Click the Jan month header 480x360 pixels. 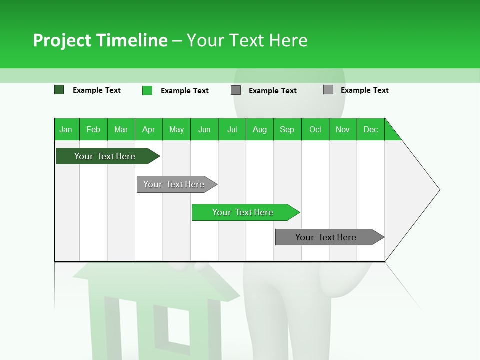tap(66, 129)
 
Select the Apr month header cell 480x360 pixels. tap(149, 129)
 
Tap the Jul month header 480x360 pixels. tap(232, 129)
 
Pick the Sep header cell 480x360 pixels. tap(287, 129)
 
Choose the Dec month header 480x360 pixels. tap(371, 129)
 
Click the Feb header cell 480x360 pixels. tap(93, 129)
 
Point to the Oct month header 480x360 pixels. tap(315, 129)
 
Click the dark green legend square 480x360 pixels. tap(59, 90)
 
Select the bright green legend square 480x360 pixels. tap(147, 90)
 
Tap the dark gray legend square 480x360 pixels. tap(236, 90)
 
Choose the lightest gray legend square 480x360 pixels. tap(328, 90)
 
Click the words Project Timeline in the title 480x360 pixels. tap(100, 40)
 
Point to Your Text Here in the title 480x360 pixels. tap(247, 40)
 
